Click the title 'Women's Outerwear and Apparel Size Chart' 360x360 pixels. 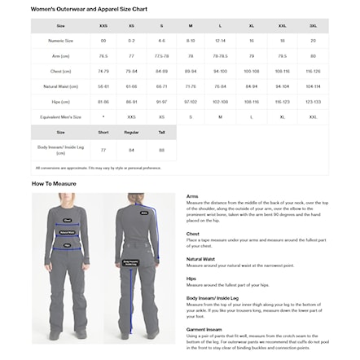[89, 8]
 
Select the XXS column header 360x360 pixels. [103, 25]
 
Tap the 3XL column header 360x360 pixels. [313, 25]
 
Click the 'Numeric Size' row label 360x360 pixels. [60, 40]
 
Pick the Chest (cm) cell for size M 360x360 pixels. [191, 71]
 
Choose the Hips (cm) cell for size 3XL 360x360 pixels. [313, 102]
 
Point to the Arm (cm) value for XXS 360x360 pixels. [103, 56]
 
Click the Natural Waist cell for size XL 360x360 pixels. [251, 86]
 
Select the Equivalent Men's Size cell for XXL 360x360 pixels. [282, 117]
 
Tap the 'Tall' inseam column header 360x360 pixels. [161, 132]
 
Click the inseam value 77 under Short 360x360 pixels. [103, 150]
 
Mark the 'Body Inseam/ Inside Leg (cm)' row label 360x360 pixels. [60, 150]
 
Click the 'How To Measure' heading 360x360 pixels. [55, 184]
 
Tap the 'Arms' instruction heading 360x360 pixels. [192, 196]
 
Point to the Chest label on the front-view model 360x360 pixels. [68, 220]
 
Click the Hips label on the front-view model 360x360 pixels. [68, 242]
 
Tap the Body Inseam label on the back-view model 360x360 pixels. [130, 263]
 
